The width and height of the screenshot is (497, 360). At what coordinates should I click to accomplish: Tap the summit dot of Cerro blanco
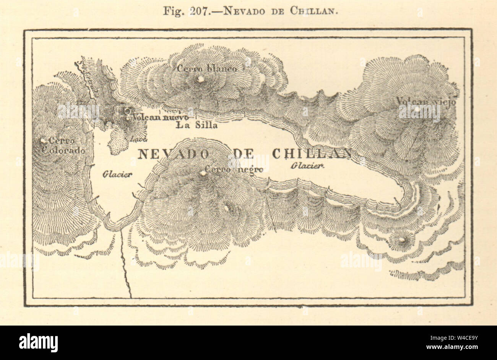tap(200, 79)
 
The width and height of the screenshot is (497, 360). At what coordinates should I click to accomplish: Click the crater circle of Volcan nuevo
tap(127, 111)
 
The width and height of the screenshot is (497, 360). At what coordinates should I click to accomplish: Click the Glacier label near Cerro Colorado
tap(117, 174)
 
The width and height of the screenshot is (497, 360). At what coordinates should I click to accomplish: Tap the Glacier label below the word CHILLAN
tap(307, 166)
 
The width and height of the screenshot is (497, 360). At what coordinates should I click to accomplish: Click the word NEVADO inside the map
tap(173, 153)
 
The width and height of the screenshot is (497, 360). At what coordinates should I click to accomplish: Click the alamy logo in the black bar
tap(39, 342)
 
